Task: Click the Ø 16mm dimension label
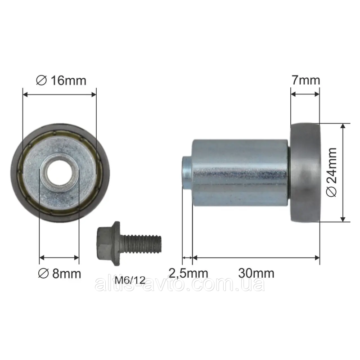(61, 81)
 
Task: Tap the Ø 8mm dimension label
(60, 274)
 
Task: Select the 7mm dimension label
(306, 80)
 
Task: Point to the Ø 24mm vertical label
(332, 172)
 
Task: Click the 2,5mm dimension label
(188, 273)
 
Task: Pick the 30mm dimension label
(256, 273)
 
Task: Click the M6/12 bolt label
(130, 280)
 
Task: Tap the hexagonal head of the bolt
(108, 243)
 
